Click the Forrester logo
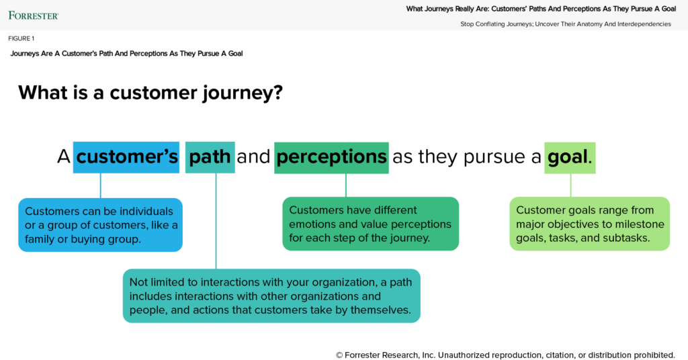click(x=33, y=15)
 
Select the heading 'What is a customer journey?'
click(x=150, y=92)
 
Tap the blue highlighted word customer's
click(x=126, y=157)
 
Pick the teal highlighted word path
click(x=210, y=157)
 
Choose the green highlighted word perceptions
click(x=331, y=157)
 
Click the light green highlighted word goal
click(x=568, y=157)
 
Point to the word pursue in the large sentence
click(x=493, y=157)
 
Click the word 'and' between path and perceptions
click(x=253, y=157)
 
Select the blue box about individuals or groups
click(x=100, y=225)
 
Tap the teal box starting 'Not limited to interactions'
click(x=271, y=296)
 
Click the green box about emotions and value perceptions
click(x=370, y=224)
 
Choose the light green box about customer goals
click(x=589, y=224)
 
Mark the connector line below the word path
click(x=216, y=222)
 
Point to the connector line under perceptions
click(x=346, y=185)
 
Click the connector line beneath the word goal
click(x=570, y=185)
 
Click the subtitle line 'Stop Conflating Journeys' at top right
click(x=565, y=24)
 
